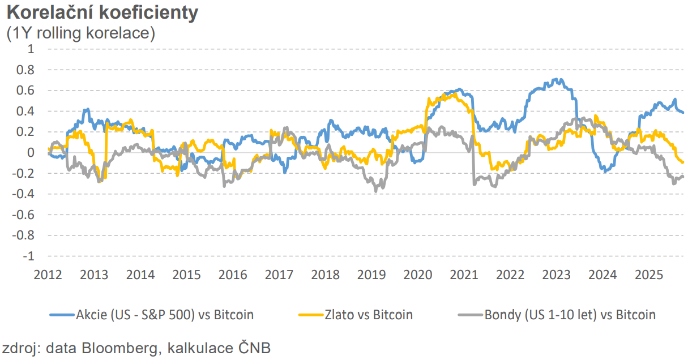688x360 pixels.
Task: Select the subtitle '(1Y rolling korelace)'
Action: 80,33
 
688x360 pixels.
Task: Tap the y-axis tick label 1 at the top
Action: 31,49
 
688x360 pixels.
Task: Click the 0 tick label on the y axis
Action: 31,153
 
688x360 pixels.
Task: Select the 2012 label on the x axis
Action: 48,275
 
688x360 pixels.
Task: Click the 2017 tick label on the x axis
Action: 279,275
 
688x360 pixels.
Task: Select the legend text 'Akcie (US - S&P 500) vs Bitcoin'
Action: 165,315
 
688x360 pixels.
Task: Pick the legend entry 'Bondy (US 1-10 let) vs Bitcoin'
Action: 570,315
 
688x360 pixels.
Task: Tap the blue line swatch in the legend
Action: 62,315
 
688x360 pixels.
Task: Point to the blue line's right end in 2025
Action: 683,112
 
